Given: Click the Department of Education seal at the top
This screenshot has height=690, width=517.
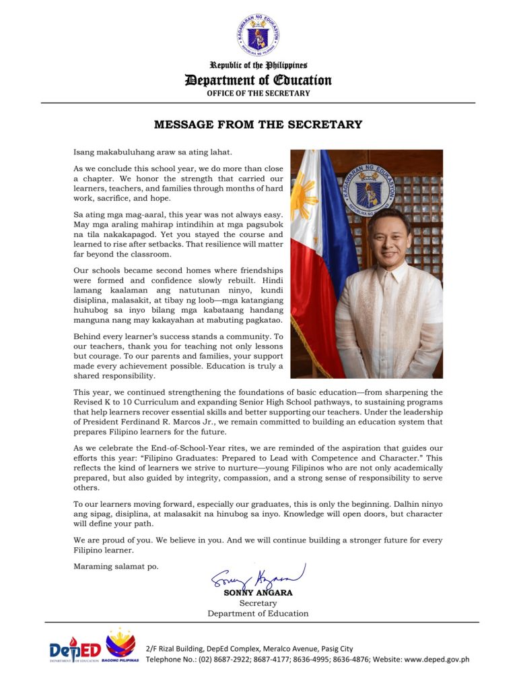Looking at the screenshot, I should coord(258,34).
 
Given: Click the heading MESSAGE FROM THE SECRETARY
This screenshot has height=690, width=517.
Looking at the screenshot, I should coord(258,125).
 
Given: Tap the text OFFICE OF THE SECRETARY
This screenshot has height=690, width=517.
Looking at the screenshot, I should coord(258,93).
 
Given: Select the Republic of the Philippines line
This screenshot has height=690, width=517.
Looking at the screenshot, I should coord(258,65).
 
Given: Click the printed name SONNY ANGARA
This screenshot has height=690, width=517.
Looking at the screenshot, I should coord(258,593).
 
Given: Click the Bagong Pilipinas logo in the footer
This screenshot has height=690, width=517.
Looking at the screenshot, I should coord(120,648).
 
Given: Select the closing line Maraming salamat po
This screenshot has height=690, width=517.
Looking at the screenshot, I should coord(116,566).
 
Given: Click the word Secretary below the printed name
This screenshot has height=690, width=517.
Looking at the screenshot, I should coord(258,603).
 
